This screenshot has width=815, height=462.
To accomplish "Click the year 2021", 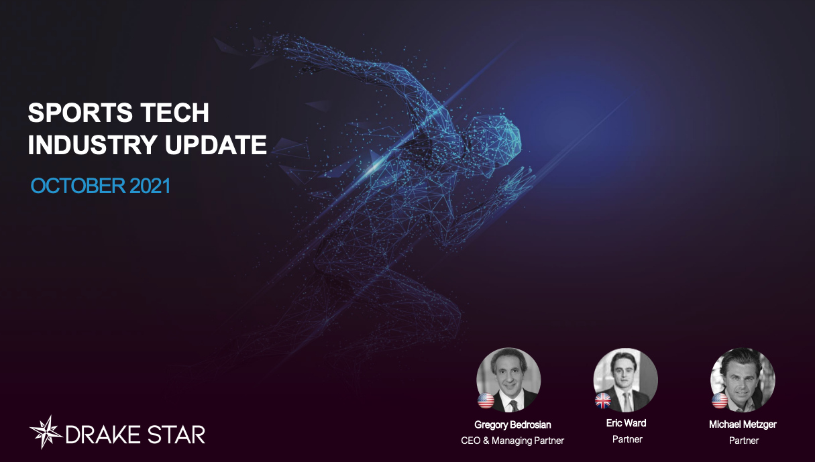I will pos(150,186).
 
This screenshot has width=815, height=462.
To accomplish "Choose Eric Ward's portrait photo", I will pos(626,380).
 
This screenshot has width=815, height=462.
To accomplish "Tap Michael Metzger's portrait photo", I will pos(743,380).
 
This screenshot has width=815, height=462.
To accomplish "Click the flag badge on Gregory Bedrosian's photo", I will pos(486,401).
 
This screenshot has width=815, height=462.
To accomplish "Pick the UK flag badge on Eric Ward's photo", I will pos(603,401).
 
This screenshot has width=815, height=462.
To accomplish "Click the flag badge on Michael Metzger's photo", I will pos(720,401).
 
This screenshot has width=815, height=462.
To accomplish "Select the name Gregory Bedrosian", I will pos(512,424).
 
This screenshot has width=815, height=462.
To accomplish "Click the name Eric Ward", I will pos(626,423).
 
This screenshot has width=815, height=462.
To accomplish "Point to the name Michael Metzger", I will pos(743,424).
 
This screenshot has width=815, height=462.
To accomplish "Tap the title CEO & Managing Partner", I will pos(512,441).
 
